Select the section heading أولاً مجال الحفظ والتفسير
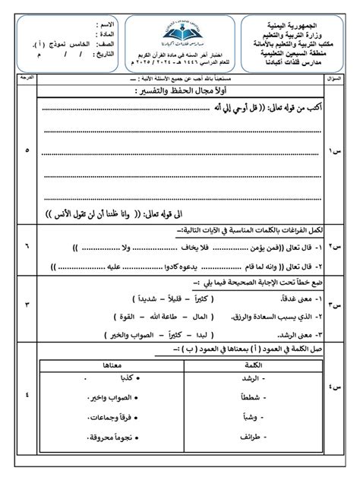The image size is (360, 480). pos(177,92)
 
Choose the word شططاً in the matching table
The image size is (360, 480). pos(253,396)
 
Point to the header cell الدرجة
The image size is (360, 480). pos(28,77)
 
